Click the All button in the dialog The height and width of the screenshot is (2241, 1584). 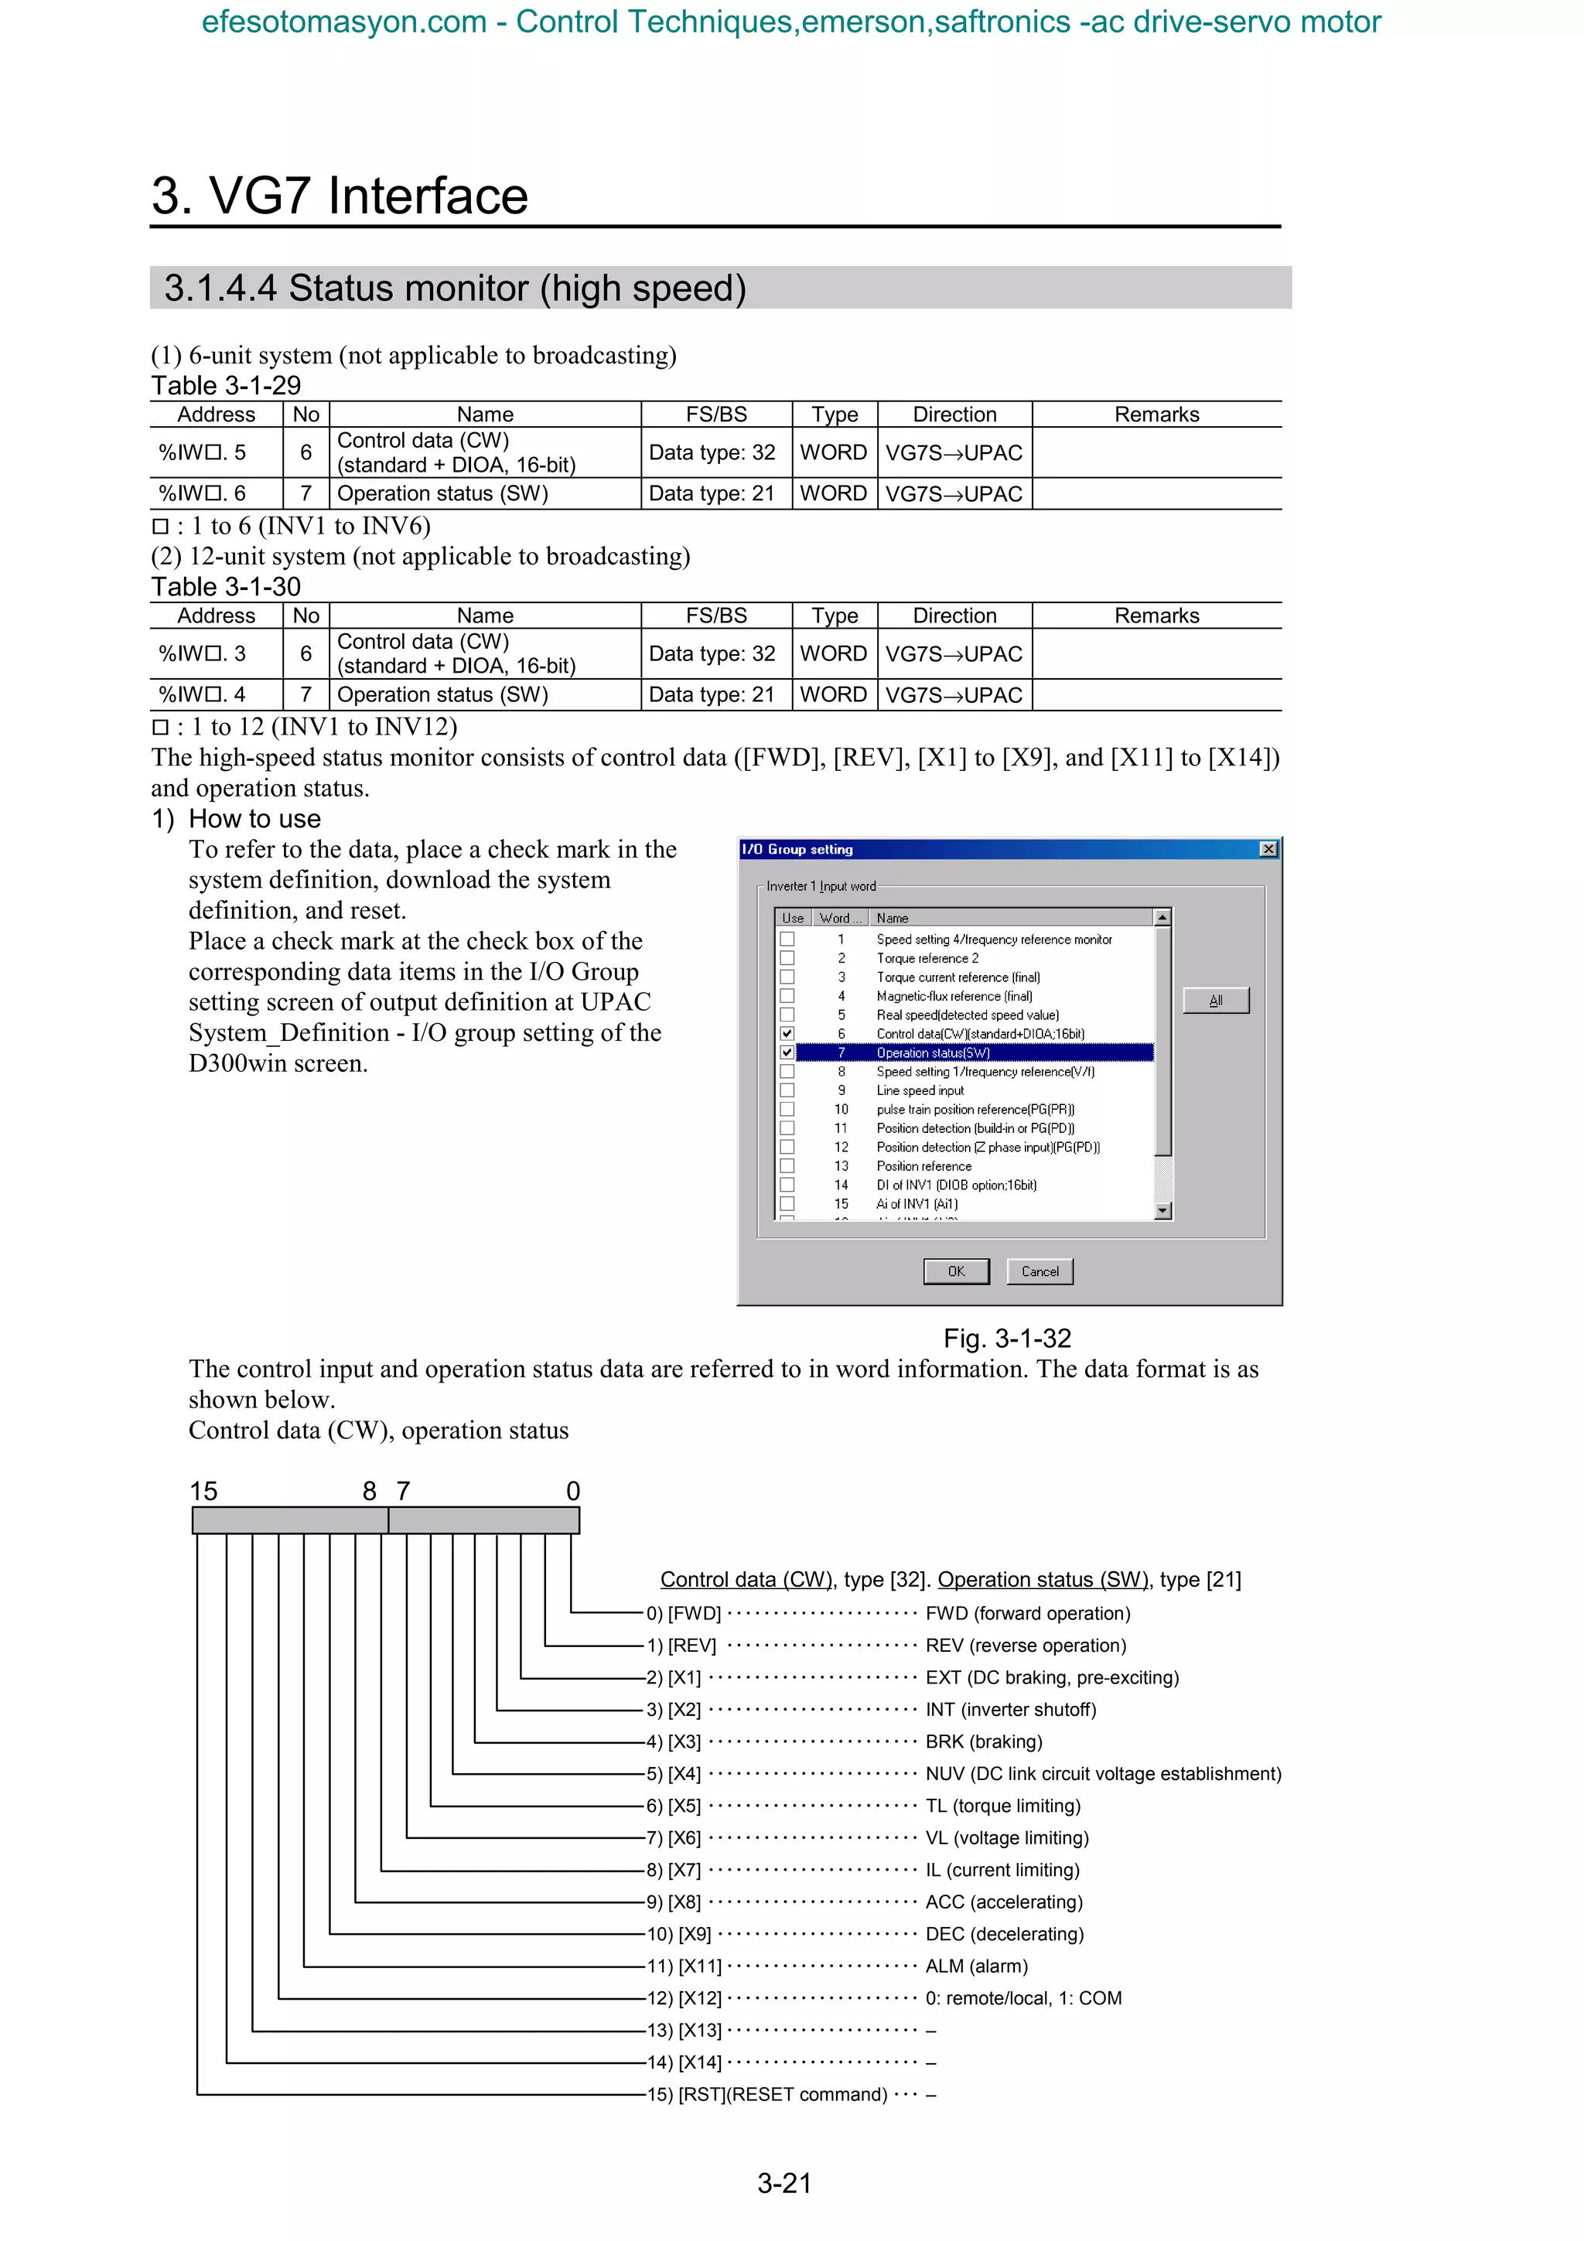click(x=1215, y=1001)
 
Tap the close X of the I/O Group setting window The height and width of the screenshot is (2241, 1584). click(x=1268, y=849)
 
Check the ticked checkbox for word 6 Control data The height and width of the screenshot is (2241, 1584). click(x=787, y=1034)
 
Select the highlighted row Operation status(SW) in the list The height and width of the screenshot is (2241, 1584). click(x=932, y=1052)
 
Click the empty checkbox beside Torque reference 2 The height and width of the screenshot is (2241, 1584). click(x=787, y=958)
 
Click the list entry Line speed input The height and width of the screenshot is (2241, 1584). click(x=920, y=1090)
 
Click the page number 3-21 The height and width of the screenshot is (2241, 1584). click(x=783, y=2184)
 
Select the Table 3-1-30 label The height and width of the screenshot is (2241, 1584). click(x=225, y=587)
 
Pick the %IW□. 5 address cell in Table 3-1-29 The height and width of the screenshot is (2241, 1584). click(x=202, y=453)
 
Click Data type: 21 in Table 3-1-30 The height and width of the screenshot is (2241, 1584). click(x=712, y=695)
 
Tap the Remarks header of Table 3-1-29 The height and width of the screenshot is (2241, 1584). click(x=1156, y=414)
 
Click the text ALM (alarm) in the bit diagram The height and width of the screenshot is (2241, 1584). click(x=976, y=1966)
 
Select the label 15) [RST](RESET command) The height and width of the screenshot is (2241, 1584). click(x=767, y=2095)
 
